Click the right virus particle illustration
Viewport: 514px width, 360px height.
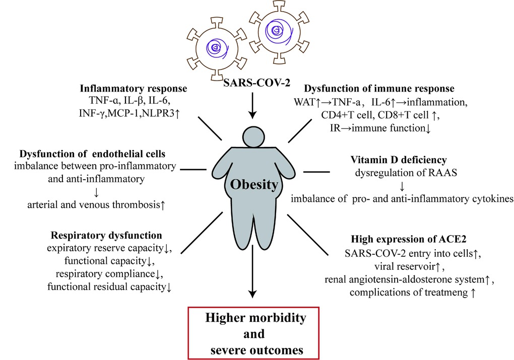point(276,33)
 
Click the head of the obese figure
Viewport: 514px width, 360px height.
point(253,136)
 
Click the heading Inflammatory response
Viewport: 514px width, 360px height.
point(134,89)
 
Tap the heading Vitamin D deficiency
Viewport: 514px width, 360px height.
point(399,160)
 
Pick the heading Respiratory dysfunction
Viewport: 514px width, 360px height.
point(106,235)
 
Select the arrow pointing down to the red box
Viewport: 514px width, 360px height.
point(253,282)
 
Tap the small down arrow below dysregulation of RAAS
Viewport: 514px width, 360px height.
point(402,186)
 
